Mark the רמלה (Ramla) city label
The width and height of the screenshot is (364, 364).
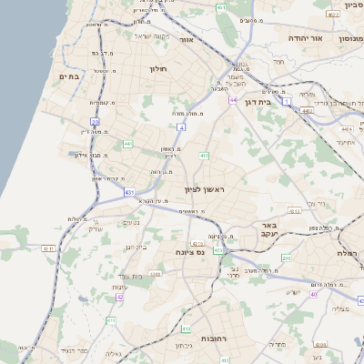click(x=349, y=253)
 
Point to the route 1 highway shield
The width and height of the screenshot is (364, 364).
click(x=286, y=102)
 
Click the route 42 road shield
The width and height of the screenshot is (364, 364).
click(x=119, y=297)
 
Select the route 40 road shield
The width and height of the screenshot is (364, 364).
click(x=313, y=293)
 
